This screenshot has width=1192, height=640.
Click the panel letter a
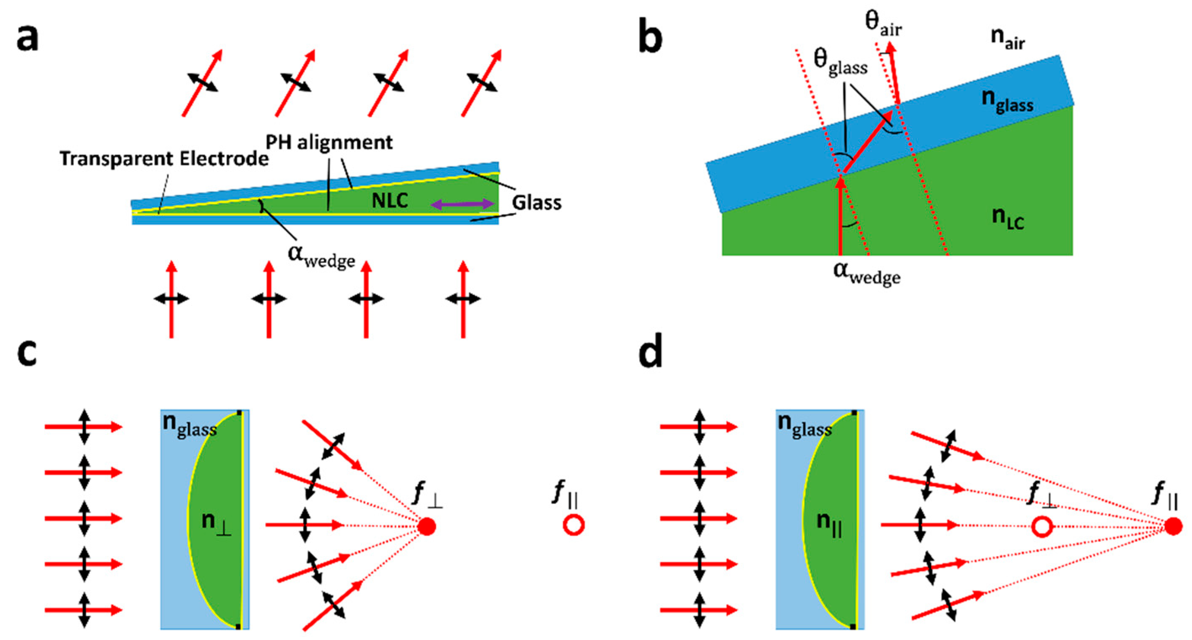point(27,38)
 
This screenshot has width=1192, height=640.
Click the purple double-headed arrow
point(463,204)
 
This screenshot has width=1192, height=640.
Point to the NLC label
point(390,201)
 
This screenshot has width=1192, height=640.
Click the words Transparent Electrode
point(164,159)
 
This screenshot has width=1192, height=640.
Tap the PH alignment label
point(329,142)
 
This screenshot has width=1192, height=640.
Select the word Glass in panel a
point(536,202)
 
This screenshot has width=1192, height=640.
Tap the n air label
point(1008,38)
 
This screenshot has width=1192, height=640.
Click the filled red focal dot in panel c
point(427,526)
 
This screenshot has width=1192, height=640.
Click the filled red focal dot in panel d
point(1173,526)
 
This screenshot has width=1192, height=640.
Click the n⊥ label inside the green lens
point(216,524)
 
